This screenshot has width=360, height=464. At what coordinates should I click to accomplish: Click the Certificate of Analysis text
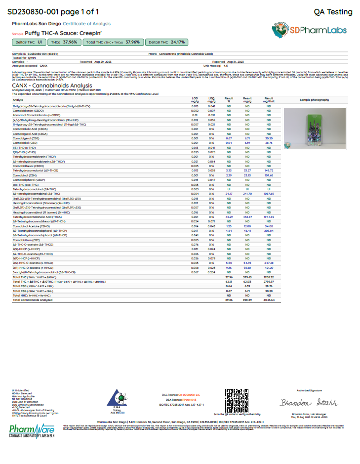(86, 24)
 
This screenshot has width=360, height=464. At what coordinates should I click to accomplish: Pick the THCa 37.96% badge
(64, 42)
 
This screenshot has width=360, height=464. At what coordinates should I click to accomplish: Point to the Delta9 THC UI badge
(29, 42)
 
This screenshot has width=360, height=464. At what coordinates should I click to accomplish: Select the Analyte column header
(18, 99)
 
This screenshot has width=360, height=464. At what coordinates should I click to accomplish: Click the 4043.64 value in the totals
(269, 299)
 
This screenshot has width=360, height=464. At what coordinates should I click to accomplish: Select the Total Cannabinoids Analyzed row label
(33, 299)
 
